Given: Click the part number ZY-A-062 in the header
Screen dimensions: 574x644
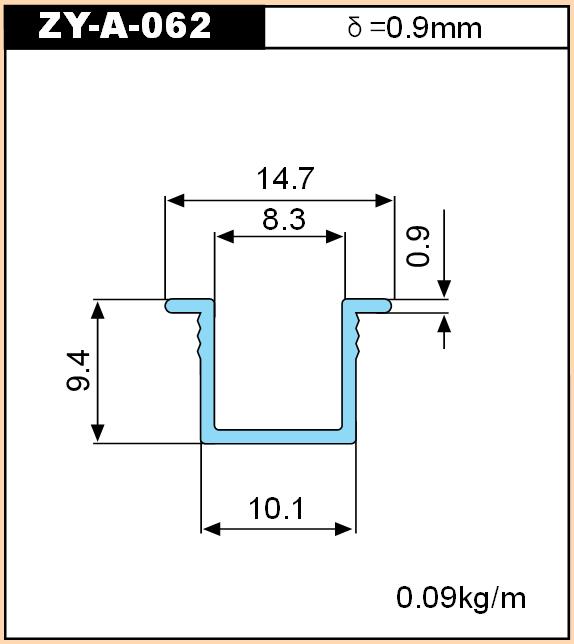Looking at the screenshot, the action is point(124,25).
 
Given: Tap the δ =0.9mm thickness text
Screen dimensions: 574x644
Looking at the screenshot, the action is point(414,28).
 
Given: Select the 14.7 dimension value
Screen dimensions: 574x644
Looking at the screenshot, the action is point(285,178).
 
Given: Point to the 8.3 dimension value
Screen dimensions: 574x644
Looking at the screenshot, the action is point(284,219).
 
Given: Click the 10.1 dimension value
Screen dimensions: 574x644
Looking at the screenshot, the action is point(276,508).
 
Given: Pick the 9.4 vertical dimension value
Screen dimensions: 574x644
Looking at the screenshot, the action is point(78,370).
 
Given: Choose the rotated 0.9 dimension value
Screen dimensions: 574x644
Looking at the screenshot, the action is point(418,246).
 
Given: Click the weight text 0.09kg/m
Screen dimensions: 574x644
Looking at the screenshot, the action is point(461,598).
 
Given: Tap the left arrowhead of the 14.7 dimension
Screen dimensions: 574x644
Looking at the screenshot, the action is point(175,201).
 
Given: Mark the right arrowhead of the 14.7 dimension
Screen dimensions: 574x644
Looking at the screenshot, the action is point(385,201).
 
